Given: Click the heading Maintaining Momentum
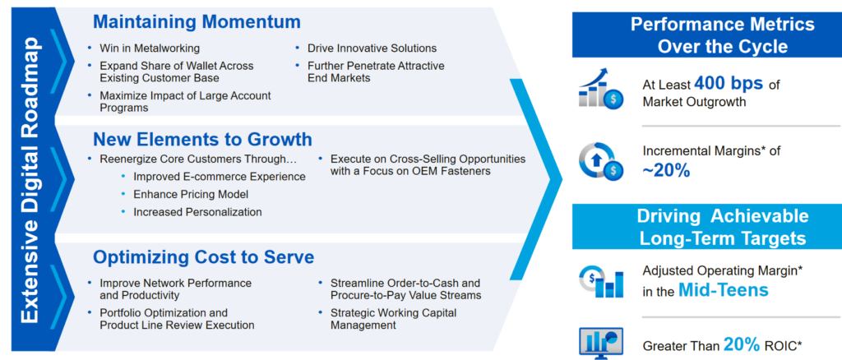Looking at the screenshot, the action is [x=197, y=22].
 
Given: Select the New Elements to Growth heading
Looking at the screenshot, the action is [x=202, y=139].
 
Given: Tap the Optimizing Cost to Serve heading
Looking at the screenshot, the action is [x=204, y=256].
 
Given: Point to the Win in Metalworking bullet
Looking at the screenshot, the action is [x=150, y=48].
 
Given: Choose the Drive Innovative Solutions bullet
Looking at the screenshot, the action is [x=372, y=48].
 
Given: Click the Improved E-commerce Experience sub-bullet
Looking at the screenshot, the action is [x=220, y=177].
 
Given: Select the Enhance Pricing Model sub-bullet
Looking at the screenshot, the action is [x=191, y=194].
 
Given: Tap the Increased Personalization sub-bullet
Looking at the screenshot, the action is [x=197, y=212].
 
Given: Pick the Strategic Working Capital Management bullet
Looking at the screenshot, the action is [x=392, y=319].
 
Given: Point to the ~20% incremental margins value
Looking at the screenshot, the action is [x=666, y=170].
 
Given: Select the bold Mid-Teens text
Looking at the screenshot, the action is [x=724, y=290].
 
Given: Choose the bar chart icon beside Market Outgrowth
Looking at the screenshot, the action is [x=601, y=89].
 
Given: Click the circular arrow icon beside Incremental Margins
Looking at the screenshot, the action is [x=601, y=161].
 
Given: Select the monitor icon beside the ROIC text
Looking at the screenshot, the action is [x=601, y=342].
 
